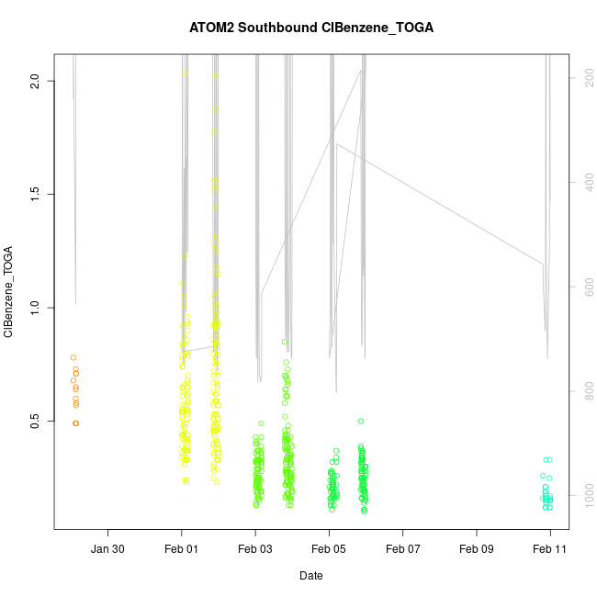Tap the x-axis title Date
coord(310,576)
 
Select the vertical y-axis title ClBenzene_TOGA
coord(8,292)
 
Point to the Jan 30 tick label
coord(108,549)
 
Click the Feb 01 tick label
coord(182,549)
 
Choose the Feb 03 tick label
coord(255,549)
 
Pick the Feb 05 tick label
coord(329,549)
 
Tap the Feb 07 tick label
coord(402,549)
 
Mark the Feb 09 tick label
coord(477,549)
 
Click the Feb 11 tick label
coord(550,549)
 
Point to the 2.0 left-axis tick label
coord(37,81)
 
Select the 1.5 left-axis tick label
coord(37,194)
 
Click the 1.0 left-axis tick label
coord(37,308)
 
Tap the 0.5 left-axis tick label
coord(37,422)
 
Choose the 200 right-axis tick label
coord(586,80)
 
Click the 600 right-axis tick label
coord(586,287)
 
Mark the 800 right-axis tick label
coord(586,392)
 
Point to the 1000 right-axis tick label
coord(586,496)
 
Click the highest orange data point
coord(73,357)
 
